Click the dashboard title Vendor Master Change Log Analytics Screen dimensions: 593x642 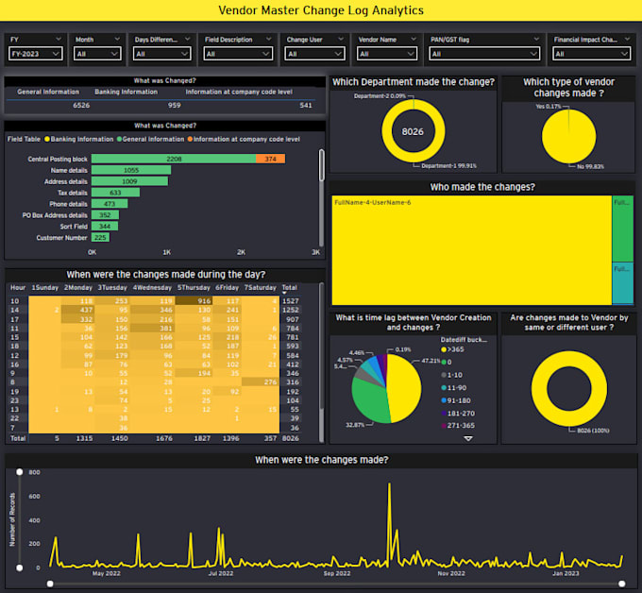pos(321,10)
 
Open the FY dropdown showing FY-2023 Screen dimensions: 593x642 pos(36,54)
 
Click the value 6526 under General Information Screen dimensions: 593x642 pos(81,105)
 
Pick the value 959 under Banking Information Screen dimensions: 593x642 pos(174,105)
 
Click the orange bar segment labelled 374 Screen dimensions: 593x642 pos(270,159)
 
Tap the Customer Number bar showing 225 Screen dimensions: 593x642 pos(100,238)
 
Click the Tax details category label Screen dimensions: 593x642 pos(70,193)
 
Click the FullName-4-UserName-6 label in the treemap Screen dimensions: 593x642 pos(372,202)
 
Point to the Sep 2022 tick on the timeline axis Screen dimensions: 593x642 pos(336,572)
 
